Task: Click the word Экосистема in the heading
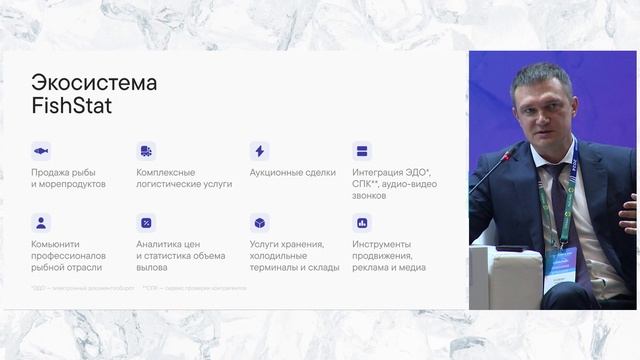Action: click(x=94, y=82)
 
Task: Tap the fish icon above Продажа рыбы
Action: click(x=41, y=151)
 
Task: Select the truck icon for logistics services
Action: click(x=146, y=151)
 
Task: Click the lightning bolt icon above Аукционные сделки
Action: click(x=259, y=151)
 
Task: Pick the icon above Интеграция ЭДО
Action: click(x=362, y=151)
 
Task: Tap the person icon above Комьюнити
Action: click(x=41, y=223)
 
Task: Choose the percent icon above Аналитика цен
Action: click(x=146, y=223)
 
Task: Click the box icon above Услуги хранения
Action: click(x=259, y=223)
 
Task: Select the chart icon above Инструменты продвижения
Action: click(x=362, y=223)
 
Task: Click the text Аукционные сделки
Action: click(x=292, y=173)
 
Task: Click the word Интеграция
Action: click(x=380, y=173)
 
